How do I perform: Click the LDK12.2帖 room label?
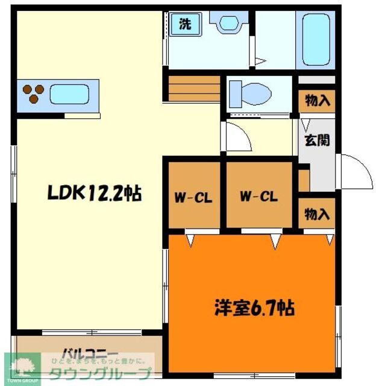coord(95,194)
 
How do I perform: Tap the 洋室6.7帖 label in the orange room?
coord(254,310)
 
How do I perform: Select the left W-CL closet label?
coord(193,197)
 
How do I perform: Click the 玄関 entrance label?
coord(316,143)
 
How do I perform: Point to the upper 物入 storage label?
coord(318,101)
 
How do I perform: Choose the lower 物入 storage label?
coord(317,214)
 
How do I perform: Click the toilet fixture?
coord(251,94)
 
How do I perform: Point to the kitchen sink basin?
coord(70,95)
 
